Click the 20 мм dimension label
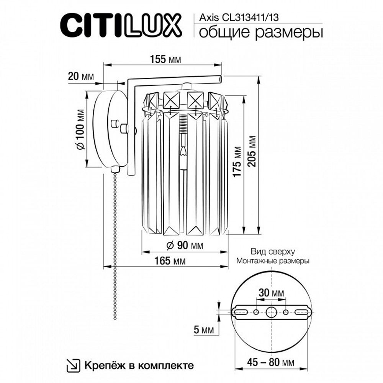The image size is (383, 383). [x=80, y=76]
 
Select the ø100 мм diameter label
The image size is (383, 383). [x=80, y=129]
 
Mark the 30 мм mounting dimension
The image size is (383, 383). [x=271, y=293]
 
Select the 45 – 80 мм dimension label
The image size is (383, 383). [x=270, y=362]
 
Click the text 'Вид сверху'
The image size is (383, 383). [x=272, y=252]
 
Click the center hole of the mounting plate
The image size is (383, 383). [x=272, y=312]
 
